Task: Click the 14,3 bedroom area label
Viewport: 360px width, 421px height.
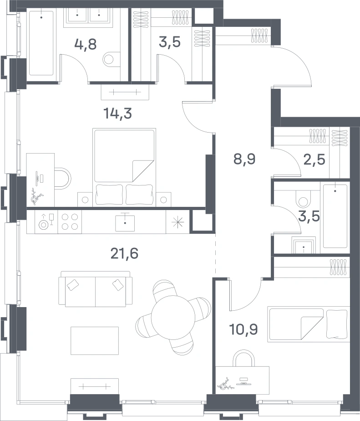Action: click(117, 113)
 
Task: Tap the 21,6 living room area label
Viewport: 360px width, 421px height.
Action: click(124, 253)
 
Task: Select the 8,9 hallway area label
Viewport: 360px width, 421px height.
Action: click(244, 159)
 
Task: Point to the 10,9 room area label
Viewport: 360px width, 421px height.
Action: click(243, 329)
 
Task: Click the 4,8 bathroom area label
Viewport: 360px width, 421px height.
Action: click(86, 44)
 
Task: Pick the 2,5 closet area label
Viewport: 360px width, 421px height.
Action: click(314, 159)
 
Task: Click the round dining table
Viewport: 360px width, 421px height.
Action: click(173, 318)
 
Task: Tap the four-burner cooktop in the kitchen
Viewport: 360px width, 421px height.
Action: click(70, 221)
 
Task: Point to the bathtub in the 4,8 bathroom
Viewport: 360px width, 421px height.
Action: click(41, 43)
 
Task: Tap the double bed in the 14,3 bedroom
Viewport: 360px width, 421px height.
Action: click(124, 167)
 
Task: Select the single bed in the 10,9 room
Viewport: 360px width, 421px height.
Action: click(309, 324)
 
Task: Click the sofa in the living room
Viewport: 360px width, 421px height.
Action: click(96, 288)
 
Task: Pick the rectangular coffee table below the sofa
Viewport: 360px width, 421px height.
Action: click(95, 340)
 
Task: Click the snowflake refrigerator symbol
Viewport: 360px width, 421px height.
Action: click(177, 222)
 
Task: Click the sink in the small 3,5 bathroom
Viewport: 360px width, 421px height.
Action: click(304, 245)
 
